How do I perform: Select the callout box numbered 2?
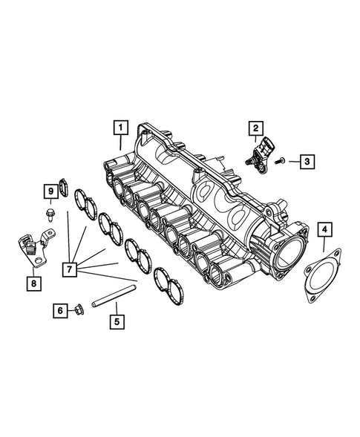[x=254, y=128]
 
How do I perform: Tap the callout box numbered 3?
[x=306, y=160]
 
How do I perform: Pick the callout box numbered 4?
[x=324, y=230]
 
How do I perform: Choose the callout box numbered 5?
[x=115, y=322]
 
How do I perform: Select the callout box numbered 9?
[x=50, y=192]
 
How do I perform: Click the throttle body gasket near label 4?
[x=320, y=269]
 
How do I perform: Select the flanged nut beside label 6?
[x=79, y=309]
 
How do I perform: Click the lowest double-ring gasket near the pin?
[x=169, y=286]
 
